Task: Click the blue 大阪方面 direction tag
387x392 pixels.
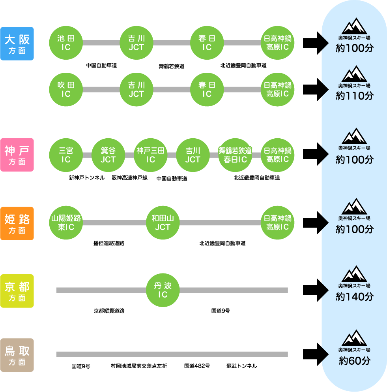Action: [x=17, y=43]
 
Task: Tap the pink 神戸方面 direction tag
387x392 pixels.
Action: [x=17, y=155]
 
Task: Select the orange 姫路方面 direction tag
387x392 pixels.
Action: [x=17, y=223]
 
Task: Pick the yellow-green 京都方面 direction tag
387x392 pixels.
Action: [x=17, y=291]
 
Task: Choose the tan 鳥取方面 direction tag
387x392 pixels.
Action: [x=17, y=355]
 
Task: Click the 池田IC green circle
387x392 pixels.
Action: [x=65, y=43]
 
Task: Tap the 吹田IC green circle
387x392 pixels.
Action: [x=65, y=89]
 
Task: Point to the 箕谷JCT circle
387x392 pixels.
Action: [x=108, y=155]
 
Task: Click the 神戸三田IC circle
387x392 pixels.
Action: [x=150, y=155]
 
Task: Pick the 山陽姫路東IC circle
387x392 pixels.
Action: [x=65, y=222]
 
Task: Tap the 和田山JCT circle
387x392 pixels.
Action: [x=163, y=222]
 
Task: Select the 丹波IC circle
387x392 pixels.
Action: [x=163, y=290]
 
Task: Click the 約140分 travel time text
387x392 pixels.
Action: [x=354, y=297]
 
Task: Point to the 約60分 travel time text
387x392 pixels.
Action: [x=354, y=361]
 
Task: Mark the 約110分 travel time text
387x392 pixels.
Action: [x=354, y=96]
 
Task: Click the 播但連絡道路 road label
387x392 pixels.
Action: [x=109, y=243]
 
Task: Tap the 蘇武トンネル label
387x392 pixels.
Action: [x=241, y=366]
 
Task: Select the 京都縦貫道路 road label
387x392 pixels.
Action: [x=109, y=311]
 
